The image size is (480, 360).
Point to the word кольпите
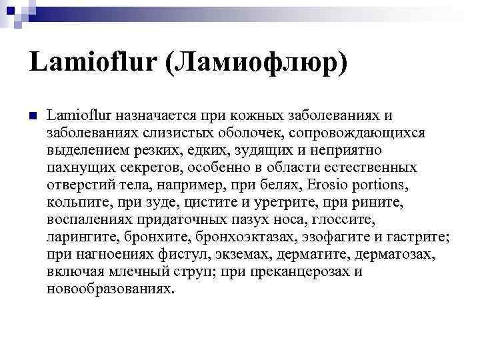(77, 201)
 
